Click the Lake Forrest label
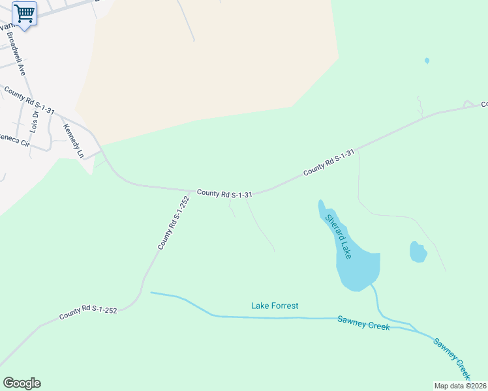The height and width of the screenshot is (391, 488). (x=275, y=305)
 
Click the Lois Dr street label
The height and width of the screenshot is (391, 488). (x=35, y=122)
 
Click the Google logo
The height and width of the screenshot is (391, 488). (x=22, y=383)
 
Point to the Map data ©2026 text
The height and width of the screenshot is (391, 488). (x=461, y=386)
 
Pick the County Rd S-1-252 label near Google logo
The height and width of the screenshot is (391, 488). (x=88, y=312)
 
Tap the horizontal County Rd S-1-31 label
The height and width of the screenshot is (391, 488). (x=224, y=193)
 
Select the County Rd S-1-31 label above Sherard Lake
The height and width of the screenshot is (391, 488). (x=329, y=163)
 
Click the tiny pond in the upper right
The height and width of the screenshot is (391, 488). (x=427, y=61)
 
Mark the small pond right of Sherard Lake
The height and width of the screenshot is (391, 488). (x=418, y=252)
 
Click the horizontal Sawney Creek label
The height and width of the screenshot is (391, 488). (x=363, y=322)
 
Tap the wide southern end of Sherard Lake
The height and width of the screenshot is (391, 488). (x=358, y=268)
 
